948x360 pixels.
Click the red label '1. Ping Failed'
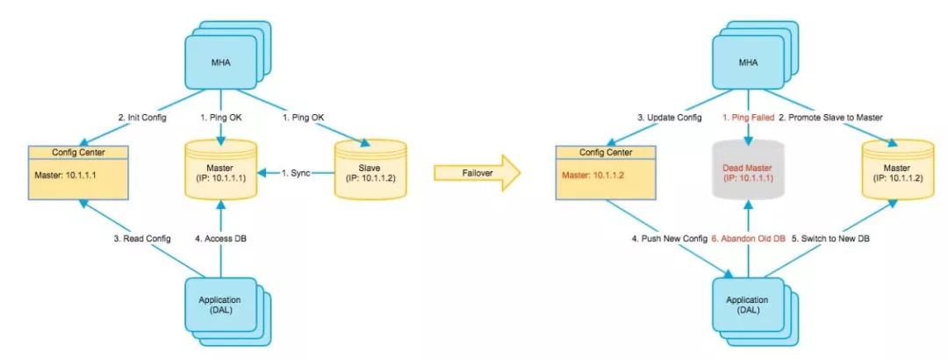tap(748, 118)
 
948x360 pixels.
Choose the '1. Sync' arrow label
tap(297, 173)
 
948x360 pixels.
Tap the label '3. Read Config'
tap(143, 239)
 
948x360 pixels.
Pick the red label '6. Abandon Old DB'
tap(748, 239)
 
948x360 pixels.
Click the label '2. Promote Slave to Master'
tap(830, 118)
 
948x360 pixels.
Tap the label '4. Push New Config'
tap(669, 239)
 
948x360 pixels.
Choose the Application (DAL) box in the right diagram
tap(748, 305)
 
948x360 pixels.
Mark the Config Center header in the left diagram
tap(79, 152)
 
